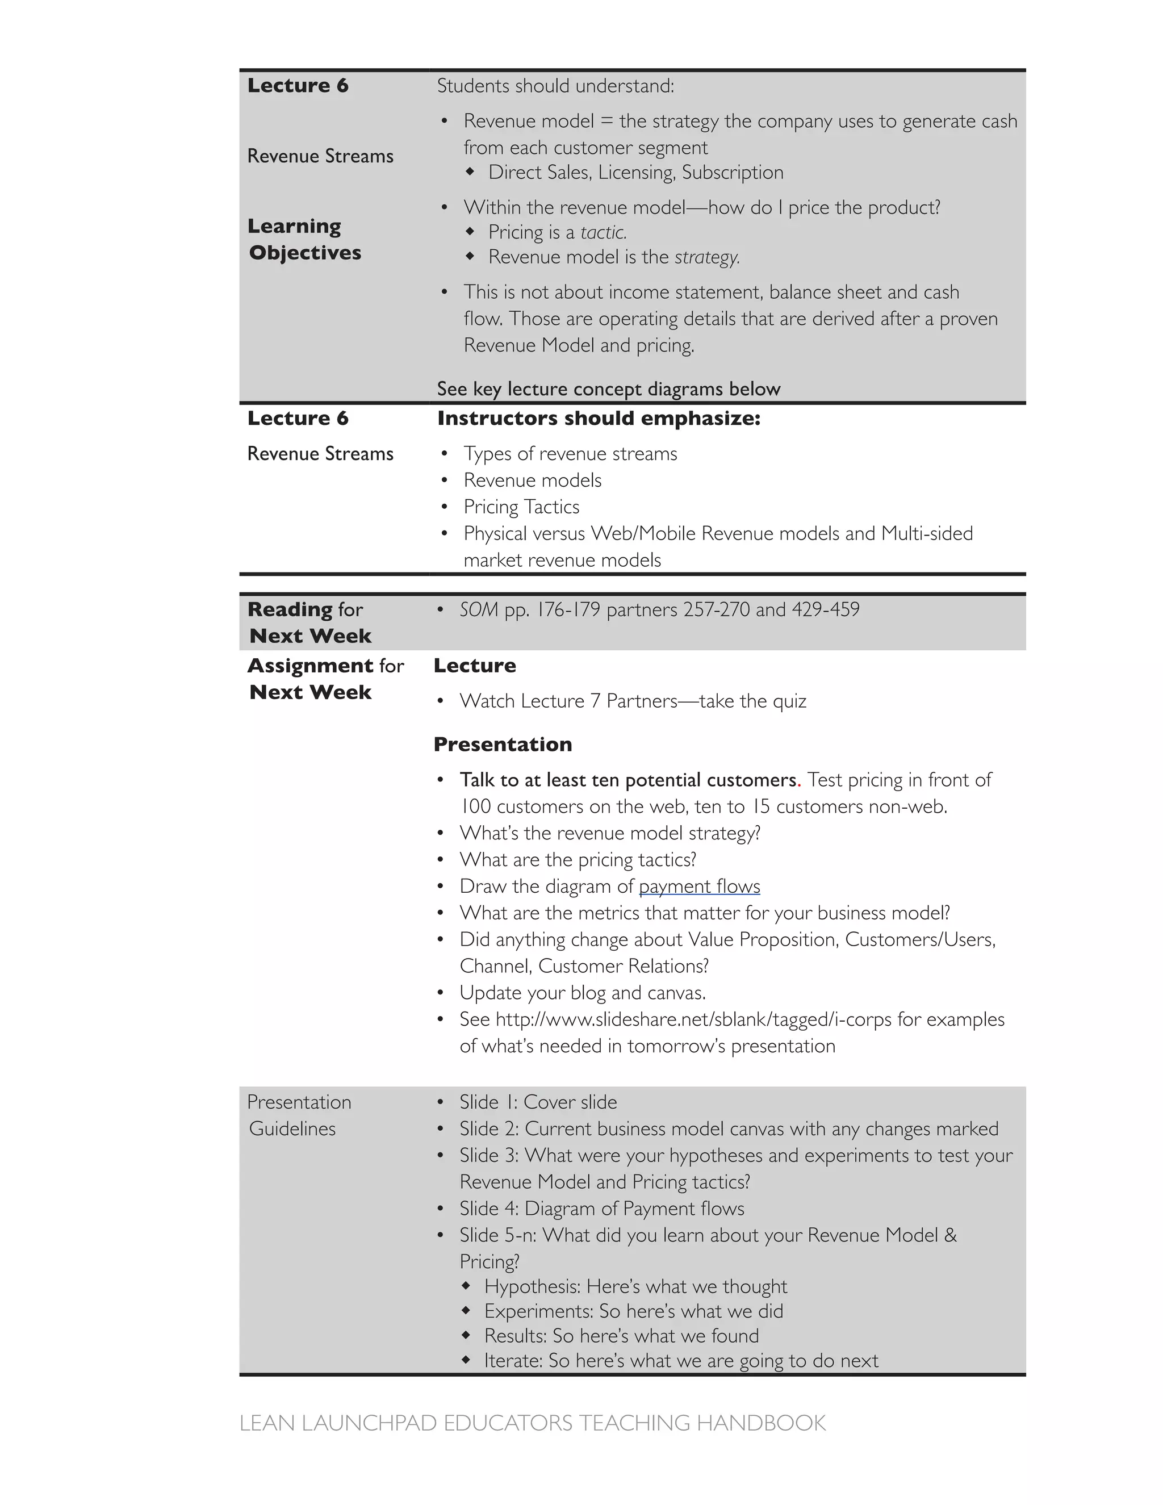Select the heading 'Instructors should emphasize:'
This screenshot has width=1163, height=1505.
598,419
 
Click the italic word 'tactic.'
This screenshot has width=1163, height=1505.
604,232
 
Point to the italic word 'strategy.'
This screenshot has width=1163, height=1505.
707,257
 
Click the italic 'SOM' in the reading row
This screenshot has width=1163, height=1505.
478,609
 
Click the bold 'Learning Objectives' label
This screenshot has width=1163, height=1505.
304,239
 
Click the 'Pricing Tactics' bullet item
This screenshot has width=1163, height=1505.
521,507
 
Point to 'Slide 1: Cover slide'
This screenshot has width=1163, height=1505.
538,1102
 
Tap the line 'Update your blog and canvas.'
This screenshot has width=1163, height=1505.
582,992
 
